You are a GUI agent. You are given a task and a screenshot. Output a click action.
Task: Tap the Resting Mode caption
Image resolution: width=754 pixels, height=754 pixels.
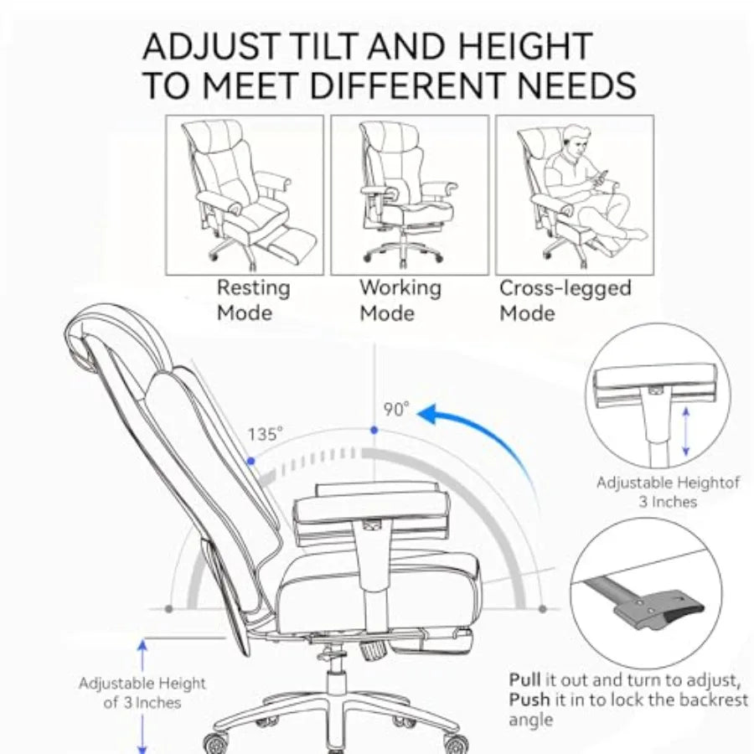[x=253, y=300]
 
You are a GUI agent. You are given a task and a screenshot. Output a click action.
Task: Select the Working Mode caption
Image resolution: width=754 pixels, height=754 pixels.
[x=400, y=300]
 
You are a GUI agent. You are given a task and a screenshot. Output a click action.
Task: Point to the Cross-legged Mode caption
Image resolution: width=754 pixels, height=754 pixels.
[x=565, y=300]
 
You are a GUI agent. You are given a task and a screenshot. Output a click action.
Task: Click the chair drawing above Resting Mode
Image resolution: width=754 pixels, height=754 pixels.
[x=245, y=194]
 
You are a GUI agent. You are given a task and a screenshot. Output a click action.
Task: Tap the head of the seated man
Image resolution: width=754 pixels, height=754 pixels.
[x=576, y=140]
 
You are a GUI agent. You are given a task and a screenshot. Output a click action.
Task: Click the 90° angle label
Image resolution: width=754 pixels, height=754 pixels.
[x=396, y=410]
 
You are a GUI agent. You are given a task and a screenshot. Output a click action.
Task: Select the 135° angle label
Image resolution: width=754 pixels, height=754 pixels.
[x=265, y=436]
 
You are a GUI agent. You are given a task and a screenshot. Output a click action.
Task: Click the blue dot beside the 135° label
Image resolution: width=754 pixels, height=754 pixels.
[x=250, y=460]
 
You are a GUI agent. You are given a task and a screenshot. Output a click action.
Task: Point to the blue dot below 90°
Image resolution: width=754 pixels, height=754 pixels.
[x=374, y=430]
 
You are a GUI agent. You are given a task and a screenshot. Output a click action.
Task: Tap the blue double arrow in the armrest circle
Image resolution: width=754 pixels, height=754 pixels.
[x=685, y=432]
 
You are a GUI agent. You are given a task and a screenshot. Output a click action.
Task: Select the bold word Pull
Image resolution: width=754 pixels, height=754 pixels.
[x=525, y=679]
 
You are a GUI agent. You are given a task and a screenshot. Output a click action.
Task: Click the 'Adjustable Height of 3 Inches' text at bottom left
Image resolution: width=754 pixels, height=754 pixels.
[x=142, y=693]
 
